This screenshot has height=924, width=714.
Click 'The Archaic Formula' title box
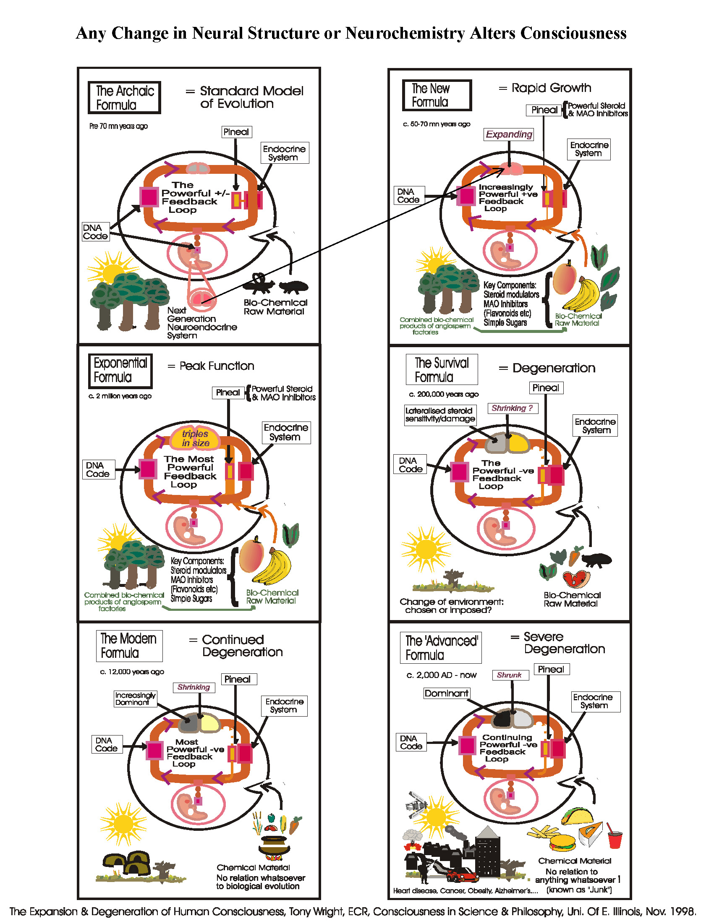click(x=124, y=98)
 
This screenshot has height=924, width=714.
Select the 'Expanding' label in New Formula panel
click(x=508, y=134)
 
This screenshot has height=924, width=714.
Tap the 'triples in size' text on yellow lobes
click(x=196, y=438)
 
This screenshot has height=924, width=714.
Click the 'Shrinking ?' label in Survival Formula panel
click(x=512, y=408)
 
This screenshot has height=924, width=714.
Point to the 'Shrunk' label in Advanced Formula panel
click(x=510, y=675)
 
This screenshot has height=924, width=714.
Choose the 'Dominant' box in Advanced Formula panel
click(x=446, y=693)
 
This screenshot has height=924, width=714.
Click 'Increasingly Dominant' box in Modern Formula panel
click(x=135, y=699)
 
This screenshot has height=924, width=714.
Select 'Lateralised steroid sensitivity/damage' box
click(x=440, y=415)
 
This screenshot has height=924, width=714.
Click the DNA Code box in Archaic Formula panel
click(x=95, y=232)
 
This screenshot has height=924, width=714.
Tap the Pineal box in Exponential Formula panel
click(x=228, y=393)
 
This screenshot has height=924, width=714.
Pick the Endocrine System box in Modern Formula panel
click(x=284, y=706)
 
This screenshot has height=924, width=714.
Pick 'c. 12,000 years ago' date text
click(x=132, y=672)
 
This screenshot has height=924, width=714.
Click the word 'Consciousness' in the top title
click(x=573, y=33)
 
